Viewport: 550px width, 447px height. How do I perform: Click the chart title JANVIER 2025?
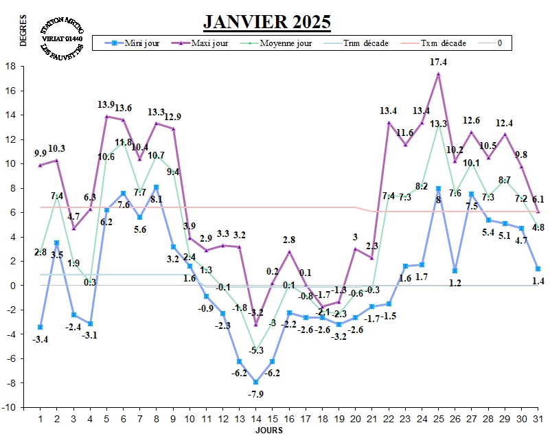267,21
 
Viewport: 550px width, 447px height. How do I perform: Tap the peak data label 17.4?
439,62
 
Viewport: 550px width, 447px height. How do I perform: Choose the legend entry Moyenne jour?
277,43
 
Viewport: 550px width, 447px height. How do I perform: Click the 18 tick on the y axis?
10,67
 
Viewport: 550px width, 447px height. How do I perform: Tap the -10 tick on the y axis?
10,407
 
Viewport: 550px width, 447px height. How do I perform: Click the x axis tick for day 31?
538,418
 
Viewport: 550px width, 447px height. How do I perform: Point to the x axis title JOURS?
268,431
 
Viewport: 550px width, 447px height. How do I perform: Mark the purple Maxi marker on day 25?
438,73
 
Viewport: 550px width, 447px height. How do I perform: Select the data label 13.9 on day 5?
106,105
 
